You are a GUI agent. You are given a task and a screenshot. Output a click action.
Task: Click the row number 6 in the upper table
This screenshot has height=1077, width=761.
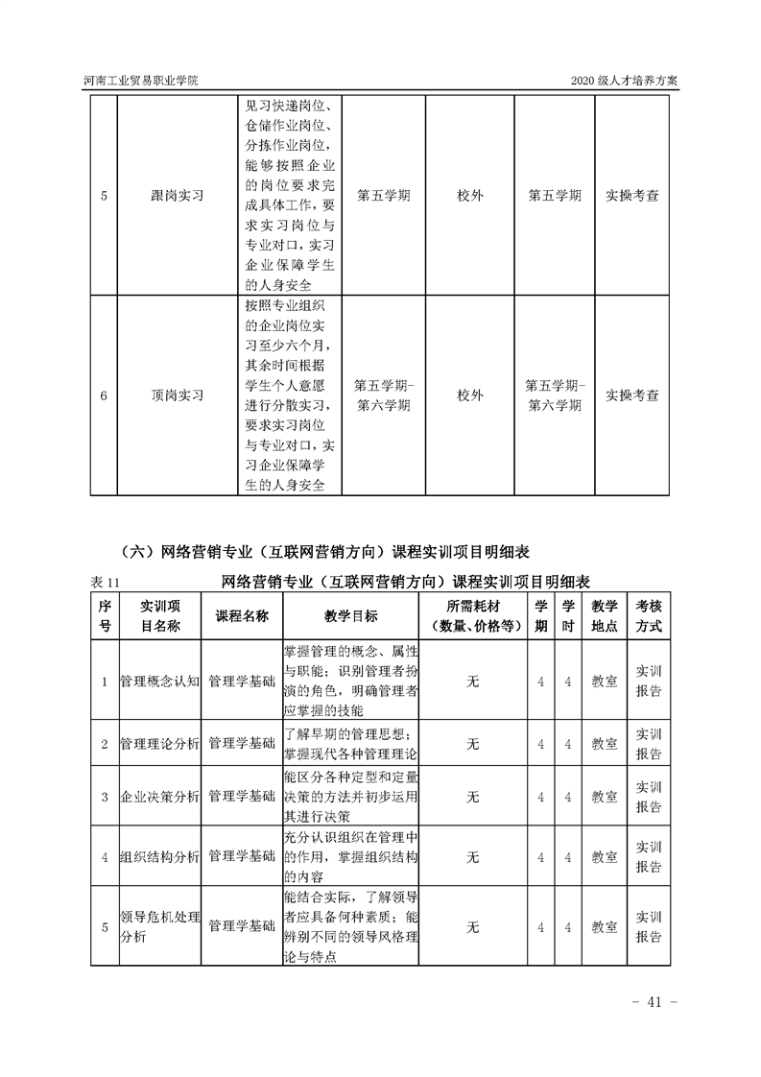[x=104, y=395]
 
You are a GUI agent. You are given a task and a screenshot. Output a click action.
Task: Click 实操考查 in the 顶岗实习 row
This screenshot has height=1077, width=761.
[x=632, y=395]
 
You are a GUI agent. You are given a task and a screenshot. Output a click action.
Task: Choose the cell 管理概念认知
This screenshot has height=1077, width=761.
[x=158, y=681]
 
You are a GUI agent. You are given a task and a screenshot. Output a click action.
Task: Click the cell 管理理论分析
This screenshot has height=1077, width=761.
[x=158, y=743]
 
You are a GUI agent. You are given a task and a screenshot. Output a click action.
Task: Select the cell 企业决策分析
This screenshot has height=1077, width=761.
[x=158, y=797]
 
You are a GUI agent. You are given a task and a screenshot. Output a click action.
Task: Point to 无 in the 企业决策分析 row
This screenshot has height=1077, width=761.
[x=472, y=797]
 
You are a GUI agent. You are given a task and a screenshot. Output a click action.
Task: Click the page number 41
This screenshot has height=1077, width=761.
[x=655, y=1003]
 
